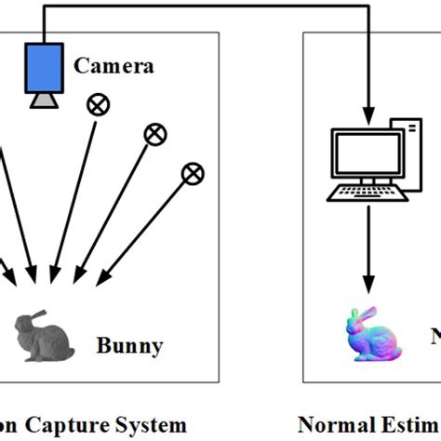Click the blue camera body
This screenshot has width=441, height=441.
coord(44,67)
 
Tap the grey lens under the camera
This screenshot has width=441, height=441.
coord(44,99)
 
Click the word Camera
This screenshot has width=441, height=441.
coord(114,65)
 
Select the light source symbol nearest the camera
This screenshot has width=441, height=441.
coord(97,105)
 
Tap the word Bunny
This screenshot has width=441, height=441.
coord(129,347)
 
